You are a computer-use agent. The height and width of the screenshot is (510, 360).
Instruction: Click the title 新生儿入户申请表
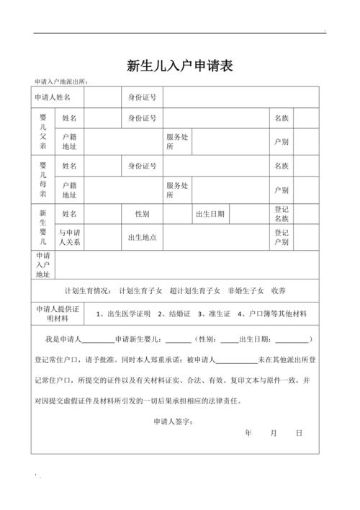(x=179, y=66)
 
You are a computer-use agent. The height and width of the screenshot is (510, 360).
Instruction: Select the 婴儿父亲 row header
(x=43, y=130)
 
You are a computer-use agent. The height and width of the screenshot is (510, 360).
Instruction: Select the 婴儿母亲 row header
(x=43, y=179)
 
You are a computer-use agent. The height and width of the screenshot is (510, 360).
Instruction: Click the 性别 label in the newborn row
(x=142, y=214)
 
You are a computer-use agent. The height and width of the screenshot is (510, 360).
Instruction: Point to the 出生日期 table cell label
(x=210, y=214)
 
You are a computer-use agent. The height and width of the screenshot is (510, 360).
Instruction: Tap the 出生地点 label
(x=142, y=237)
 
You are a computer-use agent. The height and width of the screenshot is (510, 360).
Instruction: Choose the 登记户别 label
(x=281, y=237)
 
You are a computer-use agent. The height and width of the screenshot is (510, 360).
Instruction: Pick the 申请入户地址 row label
(x=43, y=265)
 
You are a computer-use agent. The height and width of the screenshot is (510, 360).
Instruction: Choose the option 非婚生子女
(x=246, y=291)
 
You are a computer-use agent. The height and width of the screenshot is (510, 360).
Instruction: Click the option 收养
(x=279, y=291)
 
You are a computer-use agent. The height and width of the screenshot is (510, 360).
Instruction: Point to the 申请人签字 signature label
(x=172, y=421)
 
